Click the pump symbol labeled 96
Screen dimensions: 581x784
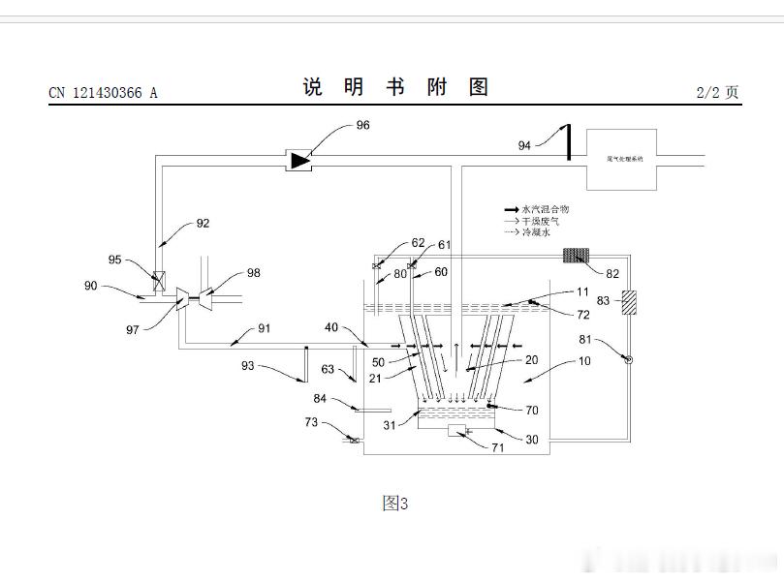(299, 159)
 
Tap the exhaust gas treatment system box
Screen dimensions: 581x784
(622, 158)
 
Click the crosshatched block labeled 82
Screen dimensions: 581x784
(578, 256)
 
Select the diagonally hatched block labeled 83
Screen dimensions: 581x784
(628, 301)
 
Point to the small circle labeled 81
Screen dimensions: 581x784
(627, 359)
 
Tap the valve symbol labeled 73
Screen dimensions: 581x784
(354, 442)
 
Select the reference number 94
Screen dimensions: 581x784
(524, 145)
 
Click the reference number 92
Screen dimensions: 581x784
(203, 223)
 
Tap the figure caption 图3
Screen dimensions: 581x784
(394, 503)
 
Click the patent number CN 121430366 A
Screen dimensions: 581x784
(103, 93)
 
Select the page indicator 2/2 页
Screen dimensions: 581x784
(717, 92)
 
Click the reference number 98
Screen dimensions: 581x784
(253, 273)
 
